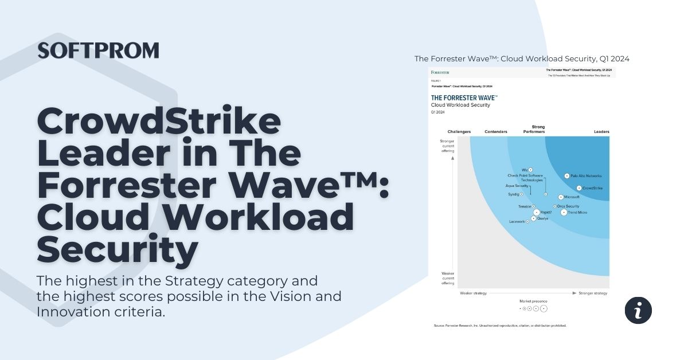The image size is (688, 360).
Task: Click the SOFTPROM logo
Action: point(98,50)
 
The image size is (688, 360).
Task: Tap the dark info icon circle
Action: point(638,310)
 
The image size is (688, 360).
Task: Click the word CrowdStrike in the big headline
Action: point(159,122)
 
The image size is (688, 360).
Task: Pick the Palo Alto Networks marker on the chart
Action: point(566,176)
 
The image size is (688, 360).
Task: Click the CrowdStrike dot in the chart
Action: point(579,188)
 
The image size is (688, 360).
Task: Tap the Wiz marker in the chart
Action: point(531,170)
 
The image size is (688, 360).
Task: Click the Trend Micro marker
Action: point(564,213)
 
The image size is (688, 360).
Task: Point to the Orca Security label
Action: point(568,206)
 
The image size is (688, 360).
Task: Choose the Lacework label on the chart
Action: point(517,222)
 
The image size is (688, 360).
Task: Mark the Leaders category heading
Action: point(601,132)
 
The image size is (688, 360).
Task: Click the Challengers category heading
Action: point(459,132)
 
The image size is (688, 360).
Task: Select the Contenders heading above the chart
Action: point(496,132)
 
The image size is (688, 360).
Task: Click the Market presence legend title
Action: point(533,301)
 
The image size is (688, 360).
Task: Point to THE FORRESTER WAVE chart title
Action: point(464,98)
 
